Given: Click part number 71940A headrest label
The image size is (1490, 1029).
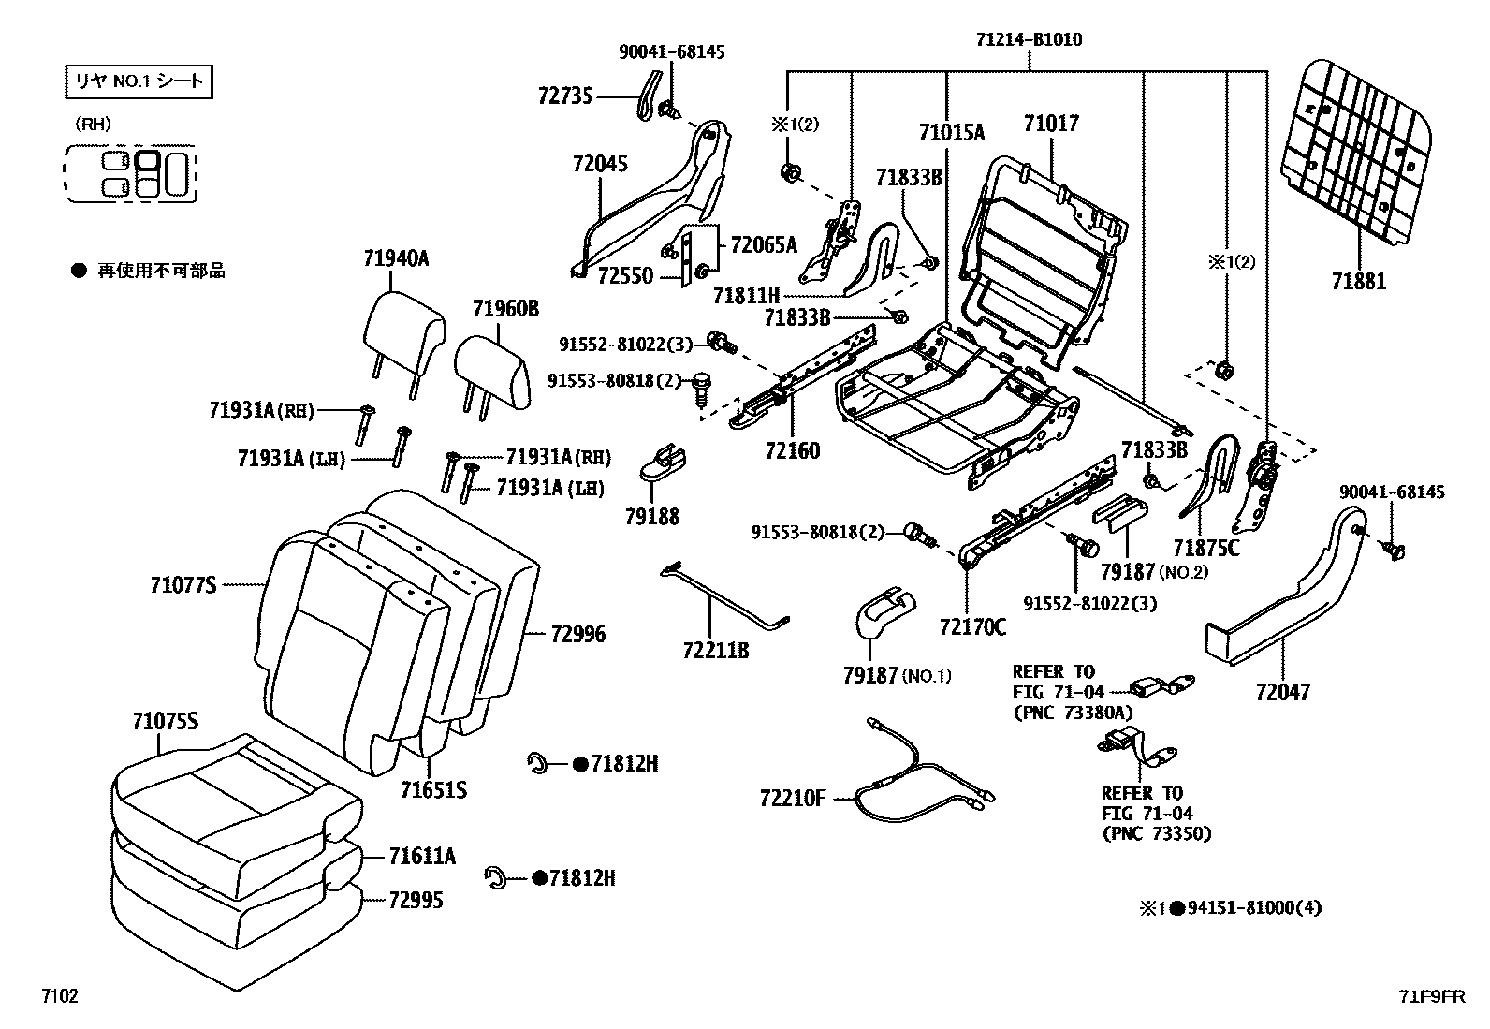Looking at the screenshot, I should (396, 259).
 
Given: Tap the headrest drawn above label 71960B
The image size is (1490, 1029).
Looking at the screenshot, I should (493, 370).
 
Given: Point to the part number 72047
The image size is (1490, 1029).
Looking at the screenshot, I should (1282, 693).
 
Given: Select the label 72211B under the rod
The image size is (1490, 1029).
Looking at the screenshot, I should (716, 650).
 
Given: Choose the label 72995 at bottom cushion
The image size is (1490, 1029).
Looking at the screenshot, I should (416, 901).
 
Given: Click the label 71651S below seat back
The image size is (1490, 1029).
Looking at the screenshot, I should (433, 790).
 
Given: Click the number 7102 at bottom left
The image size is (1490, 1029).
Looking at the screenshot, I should (58, 996).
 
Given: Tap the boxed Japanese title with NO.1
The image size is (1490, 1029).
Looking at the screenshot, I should (139, 81).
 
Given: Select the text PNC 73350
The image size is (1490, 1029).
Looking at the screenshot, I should (1157, 833).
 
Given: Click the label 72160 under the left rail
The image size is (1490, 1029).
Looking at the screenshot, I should (791, 451).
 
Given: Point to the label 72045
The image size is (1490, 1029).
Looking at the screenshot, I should (600, 164).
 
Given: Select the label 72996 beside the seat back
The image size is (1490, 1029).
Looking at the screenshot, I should (577, 635).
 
